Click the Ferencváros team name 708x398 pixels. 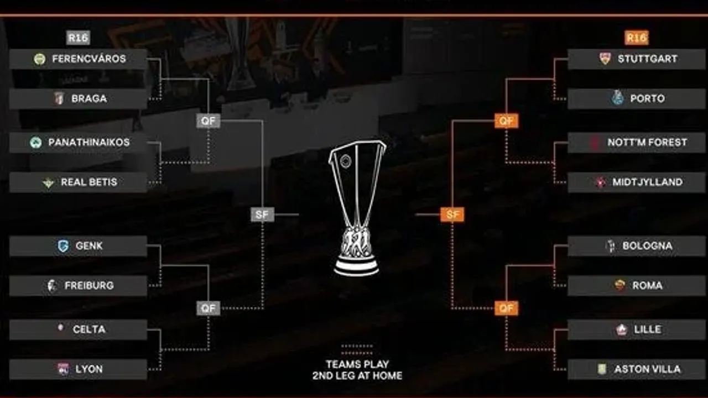(x=89, y=59)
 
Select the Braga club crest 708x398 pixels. (x=59, y=99)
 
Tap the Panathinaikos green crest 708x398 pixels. (x=36, y=143)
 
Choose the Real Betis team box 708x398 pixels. (x=78, y=182)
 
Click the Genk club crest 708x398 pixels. (x=63, y=246)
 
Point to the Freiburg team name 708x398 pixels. (x=89, y=286)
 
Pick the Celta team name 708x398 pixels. (x=89, y=329)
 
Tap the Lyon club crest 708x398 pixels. (x=63, y=369)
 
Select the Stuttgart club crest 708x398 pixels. (x=605, y=59)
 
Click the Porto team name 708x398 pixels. (x=647, y=99)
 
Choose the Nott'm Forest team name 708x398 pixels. (x=647, y=143)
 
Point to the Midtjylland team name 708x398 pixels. (x=647, y=182)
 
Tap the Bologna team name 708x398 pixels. (x=647, y=246)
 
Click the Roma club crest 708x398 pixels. (x=619, y=286)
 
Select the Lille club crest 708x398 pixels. (x=621, y=329)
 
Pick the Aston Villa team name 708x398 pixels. (x=647, y=369)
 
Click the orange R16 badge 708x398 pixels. (x=636, y=38)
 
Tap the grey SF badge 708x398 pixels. (x=262, y=214)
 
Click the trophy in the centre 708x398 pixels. (x=357, y=207)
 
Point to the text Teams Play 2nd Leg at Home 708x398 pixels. (x=357, y=370)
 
